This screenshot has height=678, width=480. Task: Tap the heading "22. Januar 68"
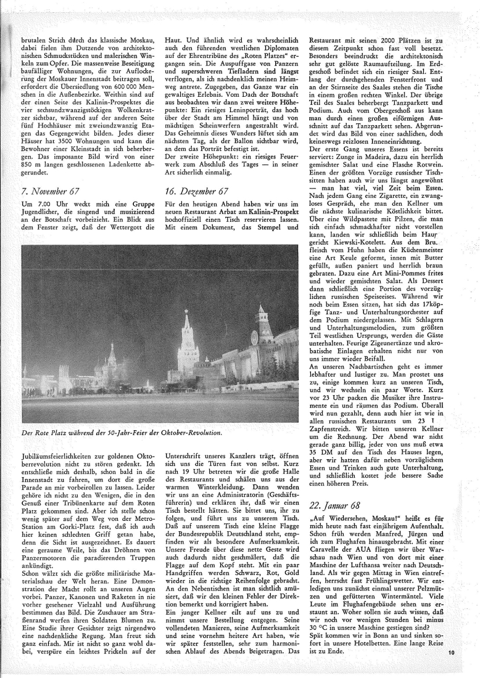pyautogui.click(x=338, y=505)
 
